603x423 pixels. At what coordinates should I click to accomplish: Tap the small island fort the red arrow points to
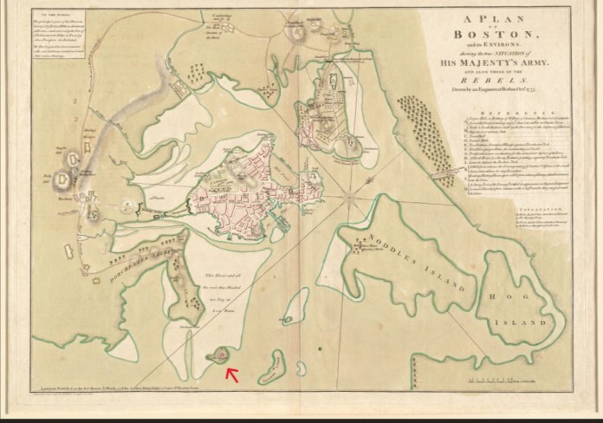coord(220,355)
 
